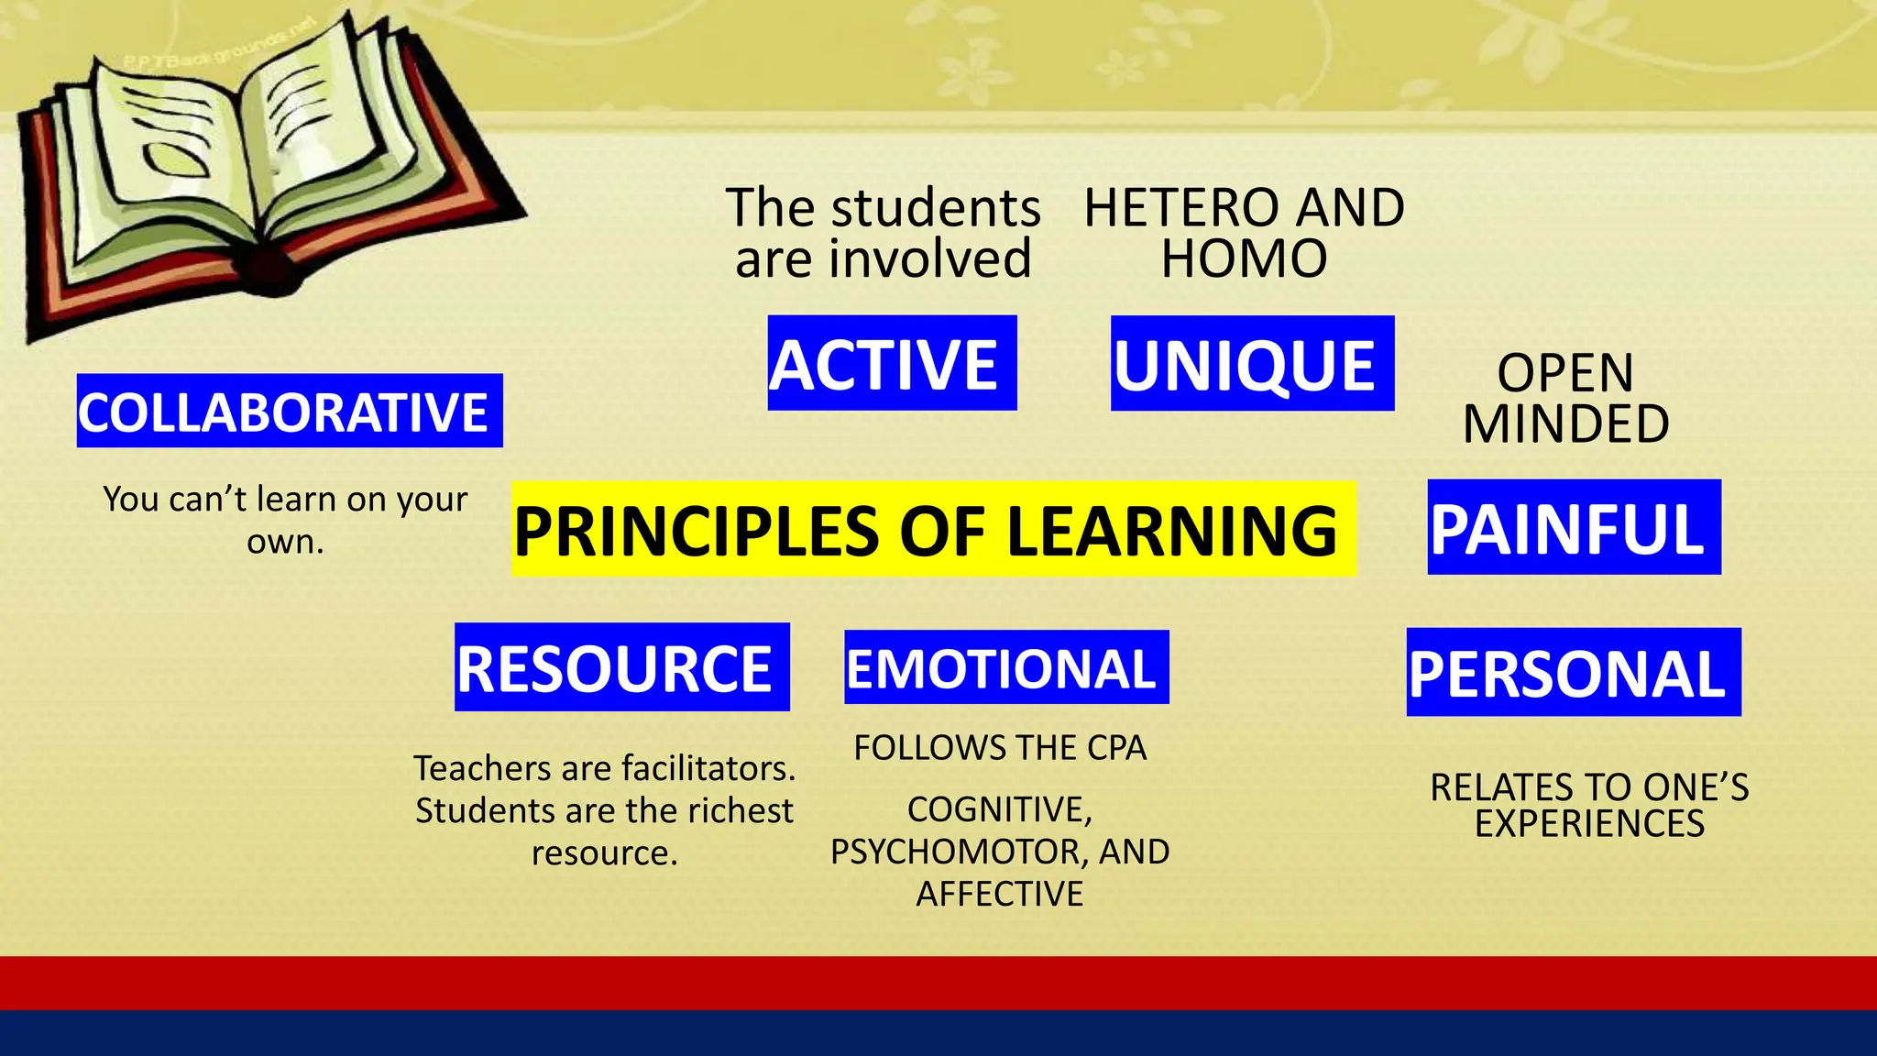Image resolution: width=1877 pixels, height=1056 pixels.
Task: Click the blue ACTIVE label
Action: pyautogui.click(x=892, y=363)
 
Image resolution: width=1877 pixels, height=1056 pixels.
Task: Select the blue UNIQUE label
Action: pyautogui.click(x=1252, y=364)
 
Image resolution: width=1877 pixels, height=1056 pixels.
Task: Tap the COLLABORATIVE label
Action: pyautogui.click(x=289, y=411)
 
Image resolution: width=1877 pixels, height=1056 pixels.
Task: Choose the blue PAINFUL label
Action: pyautogui.click(x=1574, y=527)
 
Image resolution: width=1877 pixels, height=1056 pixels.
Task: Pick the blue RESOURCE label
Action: pyautogui.click(x=621, y=667)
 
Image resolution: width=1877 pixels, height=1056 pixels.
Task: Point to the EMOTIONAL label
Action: pyautogui.click(x=1005, y=667)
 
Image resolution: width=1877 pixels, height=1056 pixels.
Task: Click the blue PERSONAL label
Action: pyautogui.click(x=1573, y=672)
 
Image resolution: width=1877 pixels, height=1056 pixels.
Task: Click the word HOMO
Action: pyautogui.click(x=1244, y=258)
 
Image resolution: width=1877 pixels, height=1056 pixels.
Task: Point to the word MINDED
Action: pyautogui.click(x=1565, y=423)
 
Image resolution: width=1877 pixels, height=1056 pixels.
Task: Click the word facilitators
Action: pyautogui.click(x=703, y=768)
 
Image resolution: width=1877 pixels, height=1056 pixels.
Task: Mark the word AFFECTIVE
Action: pyautogui.click(x=999, y=894)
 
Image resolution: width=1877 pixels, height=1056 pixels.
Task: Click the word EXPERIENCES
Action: pyautogui.click(x=1589, y=823)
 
